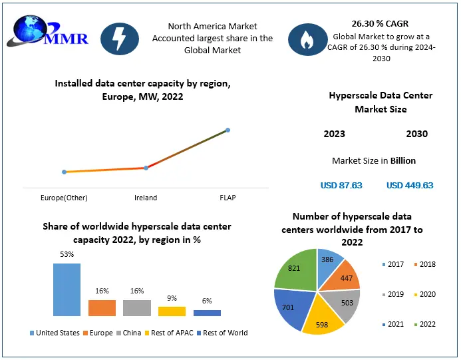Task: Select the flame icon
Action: click(307, 41)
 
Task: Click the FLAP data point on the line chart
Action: click(228, 130)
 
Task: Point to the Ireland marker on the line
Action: click(146, 168)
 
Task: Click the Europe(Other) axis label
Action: click(65, 198)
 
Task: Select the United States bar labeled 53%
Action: click(67, 289)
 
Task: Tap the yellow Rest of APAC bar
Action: click(172, 311)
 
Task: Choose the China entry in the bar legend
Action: click(128, 333)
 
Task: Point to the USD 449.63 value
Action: click(409, 185)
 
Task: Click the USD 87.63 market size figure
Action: click(341, 185)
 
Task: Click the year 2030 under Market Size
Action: click(416, 134)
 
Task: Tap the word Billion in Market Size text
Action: click(402, 160)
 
